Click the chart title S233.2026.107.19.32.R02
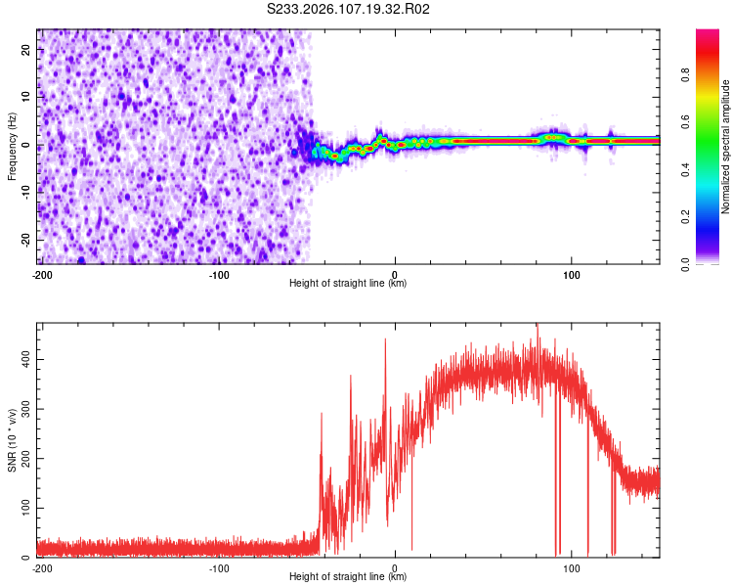pyautogui.click(x=349, y=10)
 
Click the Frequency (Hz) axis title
pyautogui.click(x=12, y=147)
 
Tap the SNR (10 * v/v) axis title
pyautogui.click(x=12, y=440)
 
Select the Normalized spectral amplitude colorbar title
pyautogui.click(x=726, y=147)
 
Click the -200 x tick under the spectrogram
pyautogui.click(x=42, y=275)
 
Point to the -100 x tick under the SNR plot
pyautogui.click(x=219, y=568)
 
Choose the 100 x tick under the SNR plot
pyautogui.click(x=571, y=568)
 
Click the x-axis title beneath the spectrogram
pyautogui.click(x=349, y=284)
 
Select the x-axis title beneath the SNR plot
pyautogui.click(x=349, y=577)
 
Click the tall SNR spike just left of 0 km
pyautogui.click(x=385, y=340)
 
